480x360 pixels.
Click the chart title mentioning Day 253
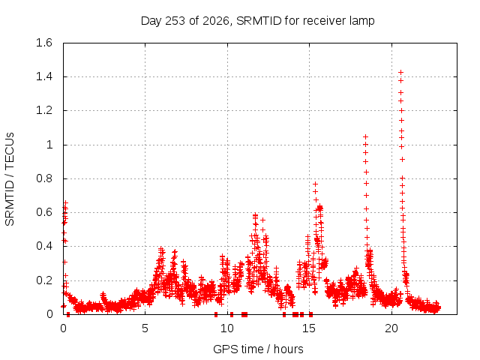pyautogui.click(x=257, y=21)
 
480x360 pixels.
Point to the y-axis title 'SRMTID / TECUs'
pyautogui.click(x=10, y=179)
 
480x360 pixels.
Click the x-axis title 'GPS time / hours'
pyautogui.click(x=258, y=349)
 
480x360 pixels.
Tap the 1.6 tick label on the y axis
pyautogui.click(x=44, y=43)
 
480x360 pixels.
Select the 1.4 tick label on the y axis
pyautogui.click(x=44, y=76)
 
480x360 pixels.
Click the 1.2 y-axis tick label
pyautogui.click(x=44, y=110)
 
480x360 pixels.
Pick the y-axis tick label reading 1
pyautogui.click(x=49, y=145)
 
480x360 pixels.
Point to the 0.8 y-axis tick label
pyautogui.click(x=44, y=178)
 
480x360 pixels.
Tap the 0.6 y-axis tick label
pyautogui.click(x=44, y=212)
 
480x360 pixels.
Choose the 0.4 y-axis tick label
pyautogui.click(x=44, y=246)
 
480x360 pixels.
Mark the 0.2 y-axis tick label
pyautogui.click(x=44, y=280)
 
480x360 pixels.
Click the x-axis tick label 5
pyautogui.click(x=145, y=328)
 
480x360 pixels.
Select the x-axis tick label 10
pyautogui.click(x=227, y=328)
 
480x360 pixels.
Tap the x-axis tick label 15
pyautogui.click(x=309, y=328)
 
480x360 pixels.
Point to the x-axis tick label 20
pyautogui.click(x=391, y=328)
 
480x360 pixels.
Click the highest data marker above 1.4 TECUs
pyautogui.click(x=400, y=73)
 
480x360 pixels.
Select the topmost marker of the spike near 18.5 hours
pyautogui.click(x=365, y=136)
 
